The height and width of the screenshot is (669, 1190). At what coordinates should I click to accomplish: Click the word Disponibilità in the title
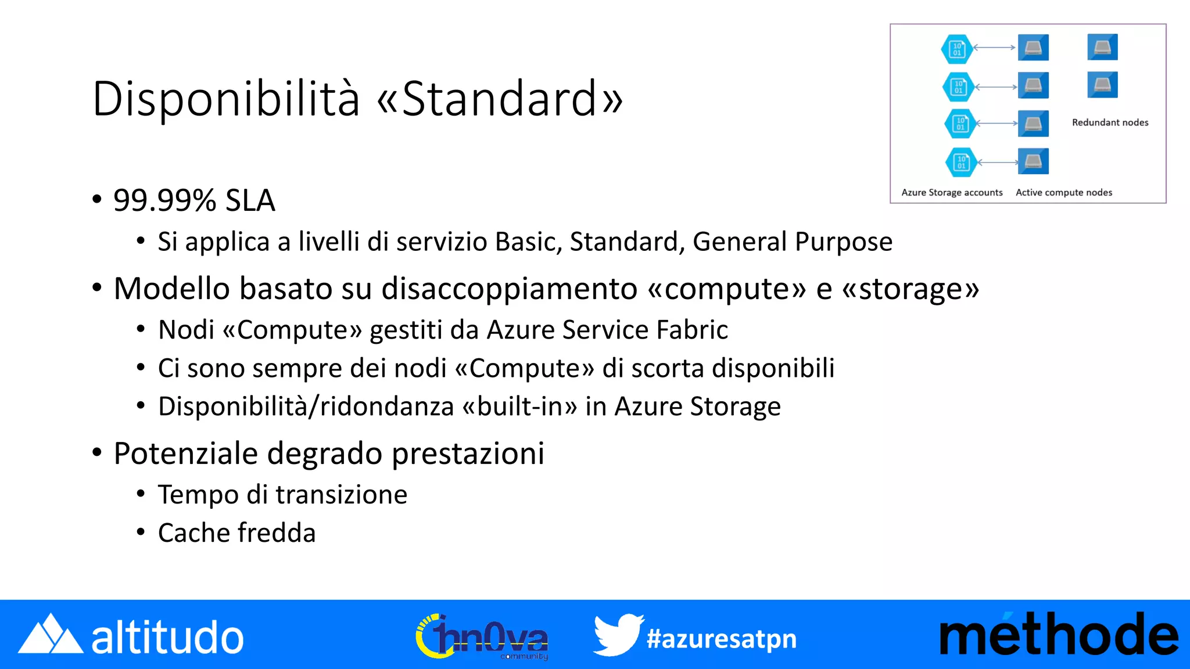225,99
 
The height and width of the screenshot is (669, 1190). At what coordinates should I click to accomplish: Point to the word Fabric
691,330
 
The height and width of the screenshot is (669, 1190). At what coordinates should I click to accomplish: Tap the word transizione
341,495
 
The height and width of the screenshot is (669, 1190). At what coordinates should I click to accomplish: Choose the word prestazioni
468,454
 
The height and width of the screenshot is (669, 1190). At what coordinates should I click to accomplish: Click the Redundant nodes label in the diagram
1110,123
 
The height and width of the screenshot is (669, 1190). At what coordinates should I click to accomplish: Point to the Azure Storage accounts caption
952,192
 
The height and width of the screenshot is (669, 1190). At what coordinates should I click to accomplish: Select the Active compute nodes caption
1063,192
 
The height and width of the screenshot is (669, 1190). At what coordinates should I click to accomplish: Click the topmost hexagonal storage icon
957,49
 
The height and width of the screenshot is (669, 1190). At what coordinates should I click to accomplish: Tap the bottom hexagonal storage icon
961,162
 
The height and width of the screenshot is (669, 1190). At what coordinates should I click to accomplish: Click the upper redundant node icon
1102,47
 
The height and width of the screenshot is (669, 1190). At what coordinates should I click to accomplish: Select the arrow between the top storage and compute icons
995,48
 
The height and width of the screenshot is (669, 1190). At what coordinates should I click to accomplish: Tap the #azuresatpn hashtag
721,639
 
